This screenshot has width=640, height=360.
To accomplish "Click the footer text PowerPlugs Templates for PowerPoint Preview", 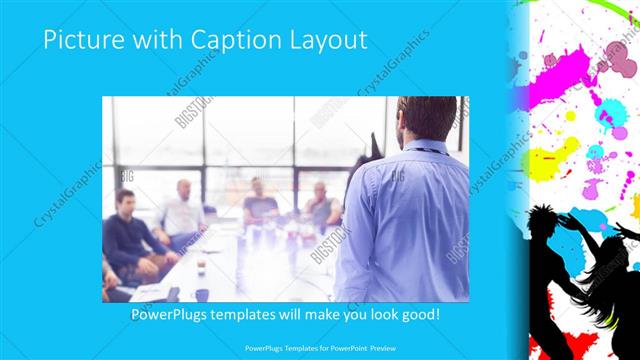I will point(320,348).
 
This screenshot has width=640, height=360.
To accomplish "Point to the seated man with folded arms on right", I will point(322,205).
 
